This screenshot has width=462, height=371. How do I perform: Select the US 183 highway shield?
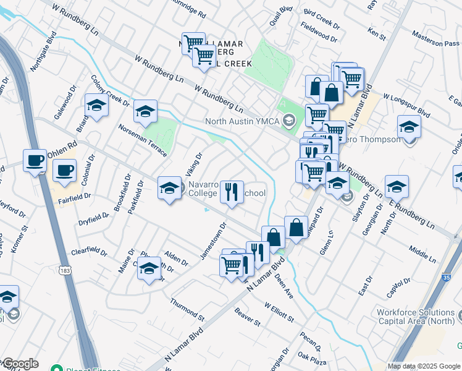click(65, 270)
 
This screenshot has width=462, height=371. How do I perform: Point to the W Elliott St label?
click(279, 312)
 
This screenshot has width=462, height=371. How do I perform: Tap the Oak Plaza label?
click(311, 356)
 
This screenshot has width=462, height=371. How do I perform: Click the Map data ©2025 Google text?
click(424, 366)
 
